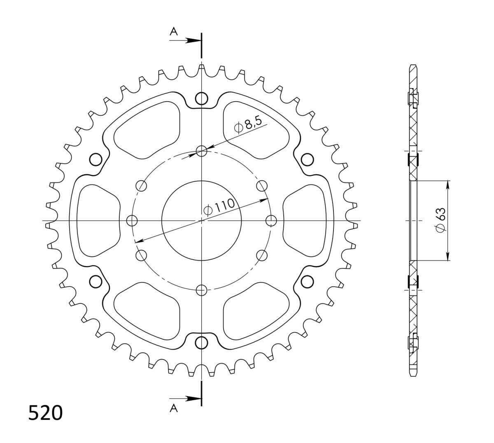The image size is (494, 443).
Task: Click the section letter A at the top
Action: [x=174, y=31]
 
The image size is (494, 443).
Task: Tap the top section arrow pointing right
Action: [x=185, y=40]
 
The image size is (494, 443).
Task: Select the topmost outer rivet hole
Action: [x=201, y=98]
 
